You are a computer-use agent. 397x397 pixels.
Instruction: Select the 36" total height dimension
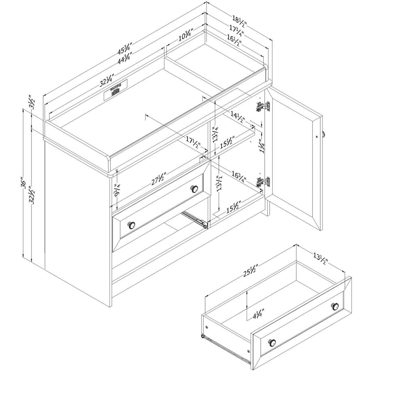(24, 184)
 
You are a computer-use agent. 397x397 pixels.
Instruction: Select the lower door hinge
(263, 181)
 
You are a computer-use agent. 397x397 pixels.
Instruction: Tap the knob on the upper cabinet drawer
(195, 189)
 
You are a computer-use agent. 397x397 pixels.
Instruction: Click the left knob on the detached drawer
(272, 342)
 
